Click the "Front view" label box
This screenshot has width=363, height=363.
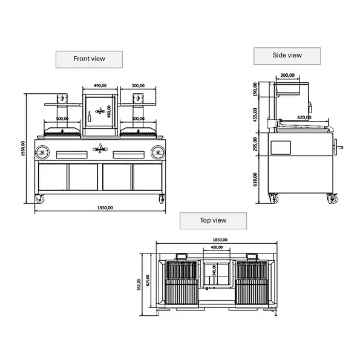click(89, 59)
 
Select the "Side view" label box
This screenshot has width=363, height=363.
click(287, 56)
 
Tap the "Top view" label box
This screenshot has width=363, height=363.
click(212, 221)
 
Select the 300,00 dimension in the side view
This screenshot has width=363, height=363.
click(288, 76)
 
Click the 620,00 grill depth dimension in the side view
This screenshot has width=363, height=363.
click(304, 118)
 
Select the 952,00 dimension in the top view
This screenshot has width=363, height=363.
click(139, 284)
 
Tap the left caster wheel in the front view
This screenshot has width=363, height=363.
click(41, 198)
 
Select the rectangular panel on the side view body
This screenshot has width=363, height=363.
click(281, 146)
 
